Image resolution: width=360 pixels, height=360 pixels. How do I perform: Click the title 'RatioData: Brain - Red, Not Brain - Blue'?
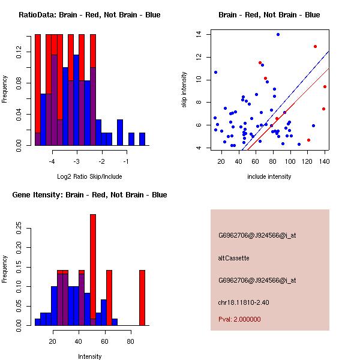pos(89,15)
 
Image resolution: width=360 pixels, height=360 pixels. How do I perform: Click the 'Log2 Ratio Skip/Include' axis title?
pos(89,176)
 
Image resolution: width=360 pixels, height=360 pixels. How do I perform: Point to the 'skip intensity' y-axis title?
pos(185,90)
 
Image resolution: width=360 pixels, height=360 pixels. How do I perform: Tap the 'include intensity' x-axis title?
pos(269,176)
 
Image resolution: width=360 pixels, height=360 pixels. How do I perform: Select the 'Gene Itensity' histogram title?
pos(89,195)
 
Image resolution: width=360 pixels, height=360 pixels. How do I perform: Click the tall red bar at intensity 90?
pos(142,298)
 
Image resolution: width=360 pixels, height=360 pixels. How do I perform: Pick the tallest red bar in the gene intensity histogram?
pos(93,269)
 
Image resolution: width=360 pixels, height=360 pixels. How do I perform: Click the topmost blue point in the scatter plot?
pos(278,34)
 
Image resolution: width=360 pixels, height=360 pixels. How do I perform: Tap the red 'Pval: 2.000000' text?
pos(239,319)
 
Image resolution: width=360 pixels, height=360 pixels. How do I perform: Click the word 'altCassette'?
pos(233,258)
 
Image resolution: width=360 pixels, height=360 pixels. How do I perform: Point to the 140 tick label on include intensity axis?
pos(325,162)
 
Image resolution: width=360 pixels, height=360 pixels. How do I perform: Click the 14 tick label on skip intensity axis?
pos(198,34)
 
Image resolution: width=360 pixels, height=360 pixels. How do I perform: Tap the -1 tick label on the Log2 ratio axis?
pos(126,162)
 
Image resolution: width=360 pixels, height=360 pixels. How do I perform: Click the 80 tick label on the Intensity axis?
pos(130,342)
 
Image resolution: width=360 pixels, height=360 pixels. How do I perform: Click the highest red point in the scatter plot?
pos(315,46)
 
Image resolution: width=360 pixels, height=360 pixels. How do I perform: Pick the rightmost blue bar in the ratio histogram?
pos(142,139)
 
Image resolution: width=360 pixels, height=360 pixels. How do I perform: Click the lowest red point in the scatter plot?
pos(308,140)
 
